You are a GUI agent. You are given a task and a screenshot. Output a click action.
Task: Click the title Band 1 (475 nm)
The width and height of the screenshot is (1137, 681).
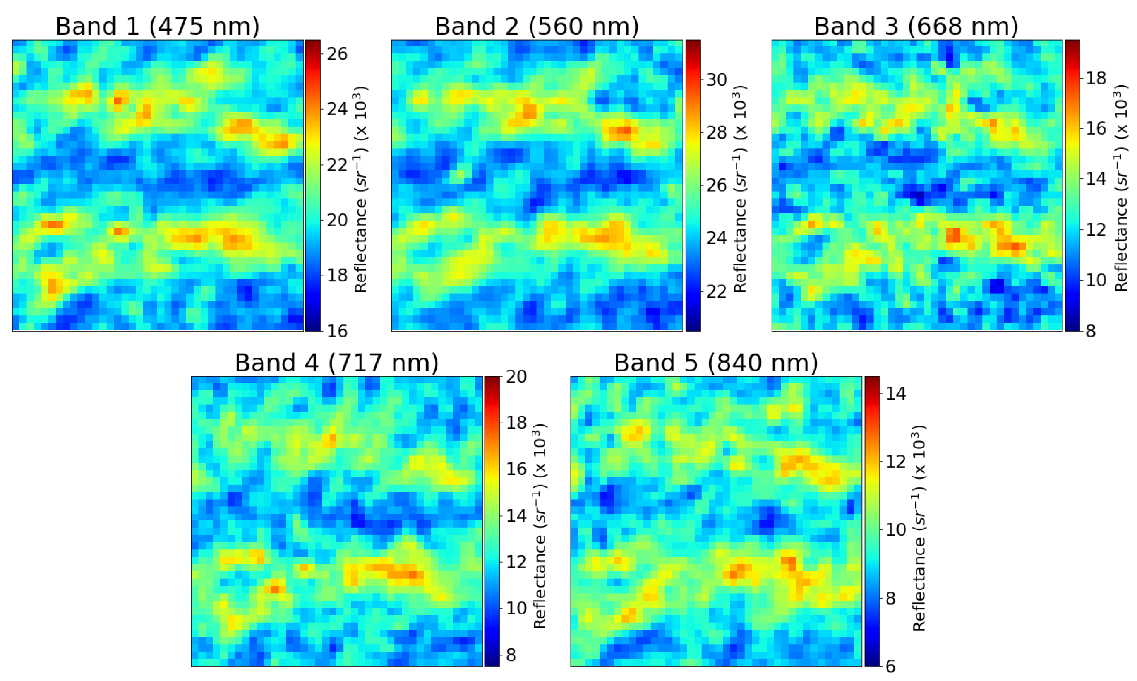pyautogui.click(x=158, y=26)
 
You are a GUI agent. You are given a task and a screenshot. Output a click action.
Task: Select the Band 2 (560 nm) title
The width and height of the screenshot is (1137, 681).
pyautogui.click(x=537, y=26)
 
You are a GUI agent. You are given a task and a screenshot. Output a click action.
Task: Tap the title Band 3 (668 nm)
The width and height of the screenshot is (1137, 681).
pyautogui.click(x=916, y=26)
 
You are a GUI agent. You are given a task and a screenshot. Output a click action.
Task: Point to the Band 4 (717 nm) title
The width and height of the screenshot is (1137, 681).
pyautogui.click(x=336, y=363)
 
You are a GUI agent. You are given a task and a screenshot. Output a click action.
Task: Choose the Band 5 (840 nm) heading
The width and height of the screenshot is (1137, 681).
pyautogui.click(x=716, y=363)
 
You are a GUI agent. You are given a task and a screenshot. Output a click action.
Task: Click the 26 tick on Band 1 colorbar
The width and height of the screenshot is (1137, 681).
pyautogui.click(x=337, y=54)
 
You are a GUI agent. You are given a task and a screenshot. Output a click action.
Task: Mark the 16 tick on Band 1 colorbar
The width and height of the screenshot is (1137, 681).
pyautogui.click(x=337, y=331)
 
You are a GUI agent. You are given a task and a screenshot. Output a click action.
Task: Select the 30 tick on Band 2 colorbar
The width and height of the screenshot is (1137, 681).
pyautogui.click(x=716, y=80)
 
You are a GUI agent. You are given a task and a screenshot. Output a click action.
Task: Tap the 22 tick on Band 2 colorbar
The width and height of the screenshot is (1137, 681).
pyautogui.click(x=716, y=291)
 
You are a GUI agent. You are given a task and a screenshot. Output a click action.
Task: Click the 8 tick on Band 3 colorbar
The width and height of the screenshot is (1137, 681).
pyautogui.click(x=1091, y=331)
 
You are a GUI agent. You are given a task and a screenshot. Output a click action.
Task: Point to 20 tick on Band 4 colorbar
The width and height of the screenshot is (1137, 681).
pyautogui.click(x=516, y=377)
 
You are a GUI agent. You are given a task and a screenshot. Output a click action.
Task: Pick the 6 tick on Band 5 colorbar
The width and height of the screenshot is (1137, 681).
pyautogui.click(x=890, y=666)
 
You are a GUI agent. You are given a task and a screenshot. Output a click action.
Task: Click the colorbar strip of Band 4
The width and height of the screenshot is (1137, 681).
pyautogui.click(x=492, y=521)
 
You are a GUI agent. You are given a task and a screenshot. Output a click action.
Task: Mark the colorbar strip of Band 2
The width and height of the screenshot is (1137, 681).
pyautogui.click(x=693, y=185)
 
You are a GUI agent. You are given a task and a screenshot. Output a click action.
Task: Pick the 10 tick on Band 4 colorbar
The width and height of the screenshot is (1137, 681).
pyautogui.click(x=516, y=608)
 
